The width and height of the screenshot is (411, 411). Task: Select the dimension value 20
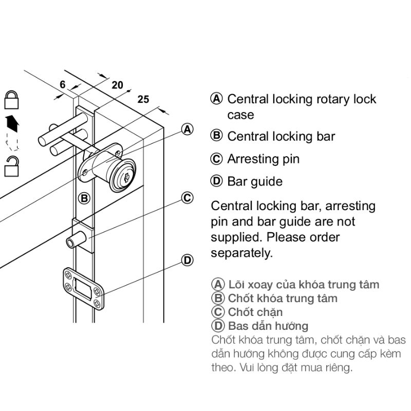[x=117, y=85]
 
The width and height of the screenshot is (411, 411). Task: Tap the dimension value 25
[x=143, y=100]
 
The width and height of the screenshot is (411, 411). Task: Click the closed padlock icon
[x=11, y=100]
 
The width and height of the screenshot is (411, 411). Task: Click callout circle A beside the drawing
[x=188, y=129]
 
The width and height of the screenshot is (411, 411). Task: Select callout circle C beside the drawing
[x=188, y=198]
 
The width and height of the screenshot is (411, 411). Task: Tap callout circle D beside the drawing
[x=188, y=260]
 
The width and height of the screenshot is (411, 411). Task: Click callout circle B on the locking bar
[x=84, y=198]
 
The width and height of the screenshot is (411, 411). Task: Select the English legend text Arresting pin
[x=263, y=159]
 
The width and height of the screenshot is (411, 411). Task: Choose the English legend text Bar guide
[x=255, y=181]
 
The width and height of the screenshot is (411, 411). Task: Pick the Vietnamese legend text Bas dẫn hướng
[x=268, y=326]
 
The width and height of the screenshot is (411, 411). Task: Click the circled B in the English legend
[x=217, y=136]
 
